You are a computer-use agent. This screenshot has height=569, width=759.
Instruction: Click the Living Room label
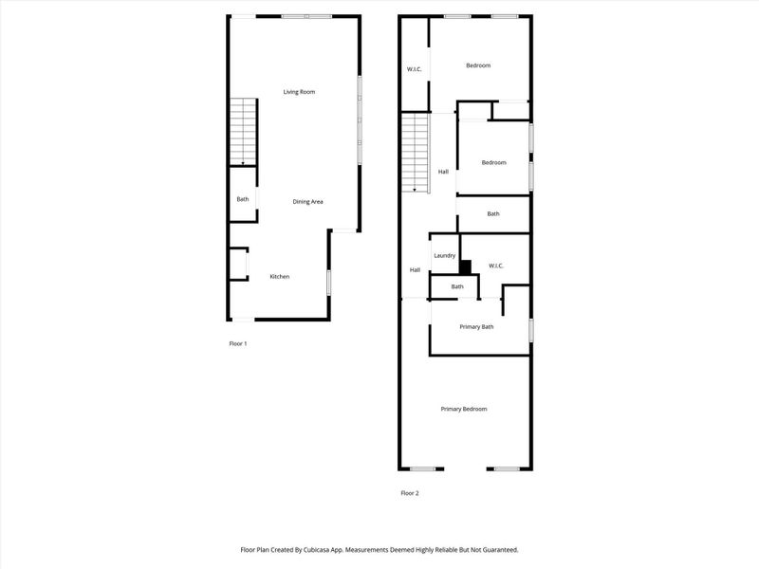click(x=299, y=92)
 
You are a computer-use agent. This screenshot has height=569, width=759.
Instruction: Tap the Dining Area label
click(x=307, y=202)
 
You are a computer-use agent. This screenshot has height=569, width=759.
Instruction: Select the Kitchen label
click(x=279, y=277)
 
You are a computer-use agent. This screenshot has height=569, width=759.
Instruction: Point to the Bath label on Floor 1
click(x=243, y=199)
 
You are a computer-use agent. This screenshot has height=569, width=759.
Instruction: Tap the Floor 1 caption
click(x=238, y=343)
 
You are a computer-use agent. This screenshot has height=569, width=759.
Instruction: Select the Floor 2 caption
click(x=410, y=493)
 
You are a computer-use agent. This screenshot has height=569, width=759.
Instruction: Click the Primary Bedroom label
click(x=464, y=409)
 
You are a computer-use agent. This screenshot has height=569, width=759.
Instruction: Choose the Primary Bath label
click(x=477, y=327)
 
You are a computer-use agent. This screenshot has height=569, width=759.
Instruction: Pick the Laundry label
click(x=445, y=256)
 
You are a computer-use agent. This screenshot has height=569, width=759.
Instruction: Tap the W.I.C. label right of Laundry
click(x=496, y=266)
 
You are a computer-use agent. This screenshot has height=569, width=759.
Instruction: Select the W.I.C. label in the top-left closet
click(x=415, y=69)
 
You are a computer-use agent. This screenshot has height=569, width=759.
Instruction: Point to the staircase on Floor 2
click(x=415, y=152)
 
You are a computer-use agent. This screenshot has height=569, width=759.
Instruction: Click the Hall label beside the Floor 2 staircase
click(x=443, y=172)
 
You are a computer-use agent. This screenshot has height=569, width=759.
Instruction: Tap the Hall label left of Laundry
click(x=415, y=270)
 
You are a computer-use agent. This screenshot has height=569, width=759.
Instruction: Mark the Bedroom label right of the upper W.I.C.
click(x=478, y=65)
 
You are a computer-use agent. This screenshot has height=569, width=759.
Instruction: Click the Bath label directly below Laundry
click(x=457, y=286)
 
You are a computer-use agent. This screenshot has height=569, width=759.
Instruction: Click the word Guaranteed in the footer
click(x=496, y=549)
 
